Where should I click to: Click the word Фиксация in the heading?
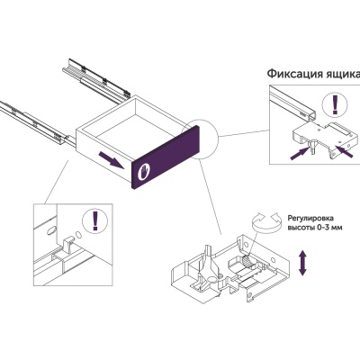coord(294,74)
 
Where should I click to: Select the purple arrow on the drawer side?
coord(112,160)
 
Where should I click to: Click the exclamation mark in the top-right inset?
coord(336,105)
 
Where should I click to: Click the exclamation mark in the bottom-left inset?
coord(95,220)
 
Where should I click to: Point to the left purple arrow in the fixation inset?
coord(300,153)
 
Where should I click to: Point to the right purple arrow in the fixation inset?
coord(344,151)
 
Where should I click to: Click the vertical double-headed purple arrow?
coord(302,264)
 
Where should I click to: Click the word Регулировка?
coord(310,219)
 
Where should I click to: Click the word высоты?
coord(301,228)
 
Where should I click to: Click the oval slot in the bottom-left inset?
coord(51,230)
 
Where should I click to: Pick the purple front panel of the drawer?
coord(166,157)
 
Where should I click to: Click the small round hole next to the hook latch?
coord(77,234)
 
